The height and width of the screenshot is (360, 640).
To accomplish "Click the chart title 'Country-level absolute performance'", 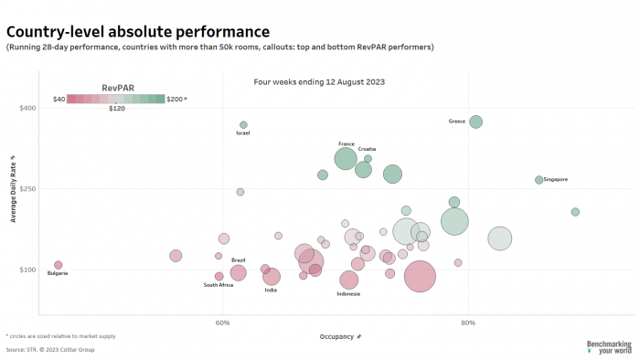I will (138, 32).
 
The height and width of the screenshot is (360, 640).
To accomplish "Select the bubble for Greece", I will (475, 122).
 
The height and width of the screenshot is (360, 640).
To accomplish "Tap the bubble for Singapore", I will (539, 180).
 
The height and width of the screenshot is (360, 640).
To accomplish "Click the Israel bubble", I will (243, 124).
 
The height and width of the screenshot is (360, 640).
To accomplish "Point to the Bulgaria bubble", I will (59, 265).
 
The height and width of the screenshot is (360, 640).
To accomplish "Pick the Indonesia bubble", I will (348, 280).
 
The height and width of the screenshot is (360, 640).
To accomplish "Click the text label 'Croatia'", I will (367, 149).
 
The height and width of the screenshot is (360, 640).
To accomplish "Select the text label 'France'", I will (347, 143).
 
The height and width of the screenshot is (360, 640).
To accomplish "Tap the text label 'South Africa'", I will (219, 285).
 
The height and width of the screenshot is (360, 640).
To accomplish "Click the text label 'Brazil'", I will (238, 259).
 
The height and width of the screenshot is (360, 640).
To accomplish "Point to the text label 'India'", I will (271, 290).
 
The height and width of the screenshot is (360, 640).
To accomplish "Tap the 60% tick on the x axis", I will (222, 322).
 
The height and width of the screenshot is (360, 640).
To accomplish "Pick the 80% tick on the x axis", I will (468, 322).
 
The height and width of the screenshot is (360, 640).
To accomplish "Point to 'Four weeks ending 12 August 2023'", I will (319, 81).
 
